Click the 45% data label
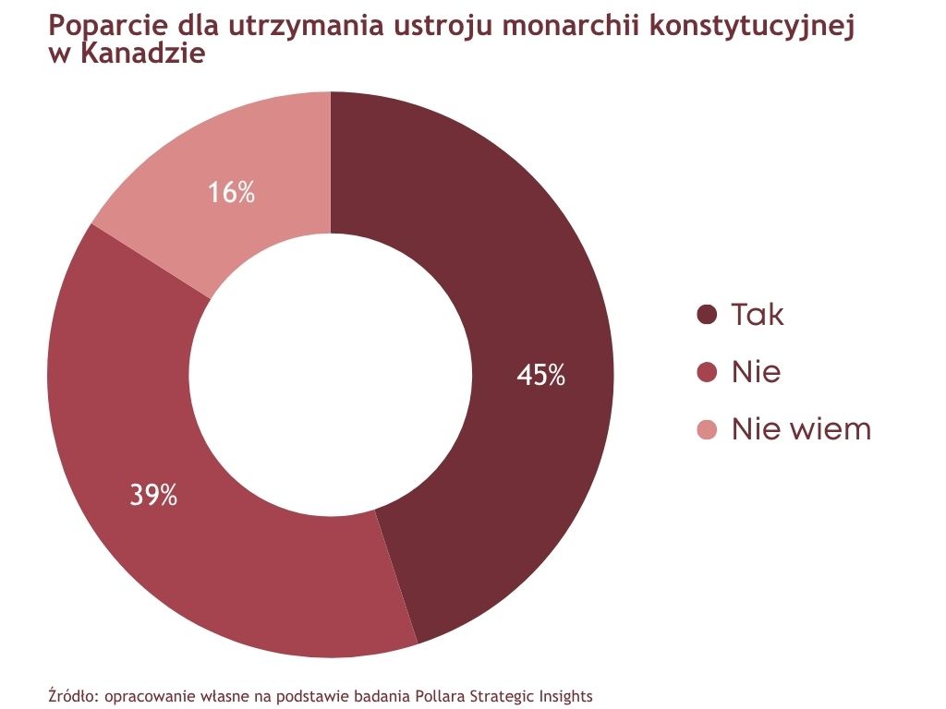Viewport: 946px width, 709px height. click(541, 375)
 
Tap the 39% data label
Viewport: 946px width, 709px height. click(153, 496)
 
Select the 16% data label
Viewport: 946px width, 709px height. click(231, 193)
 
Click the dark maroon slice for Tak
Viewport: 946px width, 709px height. click(517, 277)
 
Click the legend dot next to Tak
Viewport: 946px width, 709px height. click(707, 315)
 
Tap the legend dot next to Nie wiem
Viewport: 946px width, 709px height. click(707, 429)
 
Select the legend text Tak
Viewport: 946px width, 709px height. click(758, 315)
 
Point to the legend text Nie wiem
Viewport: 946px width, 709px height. click(801, 429)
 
